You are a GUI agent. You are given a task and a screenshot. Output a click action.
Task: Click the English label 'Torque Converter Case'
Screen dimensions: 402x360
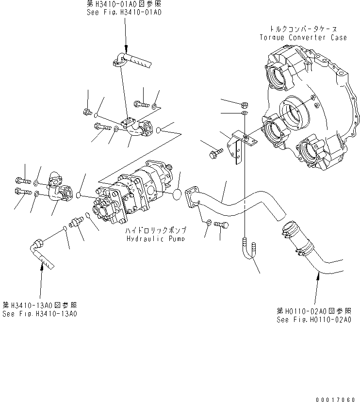coord(303,37)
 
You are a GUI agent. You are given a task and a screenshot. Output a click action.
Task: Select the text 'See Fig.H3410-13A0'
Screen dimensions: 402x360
coord(39,313)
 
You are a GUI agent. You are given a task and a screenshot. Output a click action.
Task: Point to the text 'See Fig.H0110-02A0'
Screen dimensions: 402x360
coord(314,320)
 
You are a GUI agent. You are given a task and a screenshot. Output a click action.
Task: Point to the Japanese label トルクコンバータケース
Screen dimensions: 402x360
coord(303,29)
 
